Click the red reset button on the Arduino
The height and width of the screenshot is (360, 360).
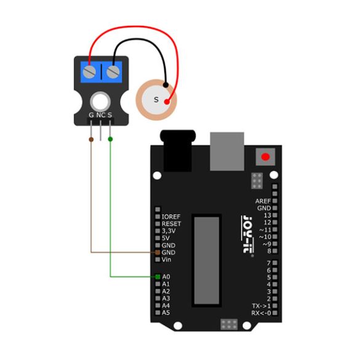tap(265, 157)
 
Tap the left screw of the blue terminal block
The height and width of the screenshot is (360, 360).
tap(89, 71)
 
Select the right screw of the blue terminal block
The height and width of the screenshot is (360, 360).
tap(113, 71)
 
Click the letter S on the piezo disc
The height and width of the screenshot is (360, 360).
tap(156, 100)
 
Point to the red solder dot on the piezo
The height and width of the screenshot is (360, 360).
tap(167, 102)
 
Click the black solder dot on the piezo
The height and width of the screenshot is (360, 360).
tap(166, 85)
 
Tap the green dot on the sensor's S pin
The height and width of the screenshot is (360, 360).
tap(110, 139)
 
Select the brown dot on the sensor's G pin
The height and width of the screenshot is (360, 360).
tap(91, 139)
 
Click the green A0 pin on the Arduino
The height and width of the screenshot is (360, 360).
tap(158, 277)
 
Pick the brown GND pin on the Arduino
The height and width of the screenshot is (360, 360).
tap(158, 252)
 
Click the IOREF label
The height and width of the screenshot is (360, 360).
tap(171, 217)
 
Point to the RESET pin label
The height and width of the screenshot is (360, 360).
tap(171, 224)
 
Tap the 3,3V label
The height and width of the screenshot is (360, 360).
tap(169, 231)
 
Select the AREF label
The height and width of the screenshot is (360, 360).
tap(263, 201)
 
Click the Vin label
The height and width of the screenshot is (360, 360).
tap(166, 260)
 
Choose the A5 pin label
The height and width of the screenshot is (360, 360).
tap(166, 313)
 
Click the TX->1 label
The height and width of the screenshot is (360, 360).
tap(262, 306)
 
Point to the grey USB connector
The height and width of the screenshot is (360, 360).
tap(227, 151)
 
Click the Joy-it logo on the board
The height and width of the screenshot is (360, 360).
tap(247, 234)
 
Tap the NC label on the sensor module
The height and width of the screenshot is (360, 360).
tap(101, 115)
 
